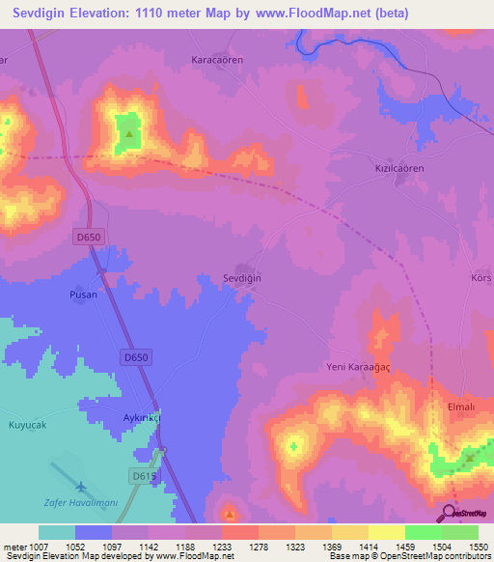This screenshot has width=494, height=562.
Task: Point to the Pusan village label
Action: [x=83, y=295]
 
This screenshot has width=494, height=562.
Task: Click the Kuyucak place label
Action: [x=28, y=424]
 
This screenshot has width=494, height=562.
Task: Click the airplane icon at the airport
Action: [x=80, y=487]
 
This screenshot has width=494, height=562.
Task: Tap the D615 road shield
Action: [x=143, y=475]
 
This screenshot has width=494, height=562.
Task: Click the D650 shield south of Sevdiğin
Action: [x=136, y=358]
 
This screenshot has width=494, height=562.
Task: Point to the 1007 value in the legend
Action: [x=39, y=547]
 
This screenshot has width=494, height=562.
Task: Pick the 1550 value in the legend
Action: [x=478, y=547]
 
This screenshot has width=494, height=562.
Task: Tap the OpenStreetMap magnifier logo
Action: [x=449, y=513]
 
